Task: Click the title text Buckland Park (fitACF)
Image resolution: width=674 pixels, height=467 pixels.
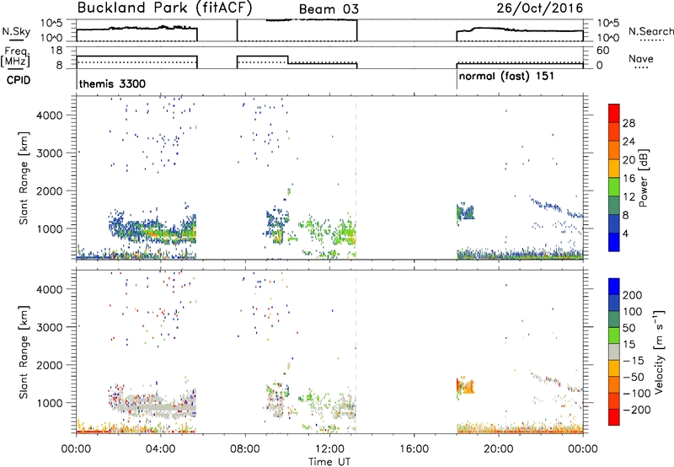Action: coord(164,8)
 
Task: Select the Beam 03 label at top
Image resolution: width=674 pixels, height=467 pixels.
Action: coord(329,9)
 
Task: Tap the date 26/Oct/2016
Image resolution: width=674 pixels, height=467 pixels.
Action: coord(540,8)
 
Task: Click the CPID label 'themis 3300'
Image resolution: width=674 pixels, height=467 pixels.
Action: coord(112,83)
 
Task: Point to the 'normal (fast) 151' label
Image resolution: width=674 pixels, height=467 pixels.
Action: coord(506,77)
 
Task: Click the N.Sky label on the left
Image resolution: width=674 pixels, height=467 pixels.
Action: coord(16,31)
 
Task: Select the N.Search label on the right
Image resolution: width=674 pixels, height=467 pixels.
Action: coord(650,31)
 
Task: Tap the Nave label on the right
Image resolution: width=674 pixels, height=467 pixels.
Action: coord(641,59)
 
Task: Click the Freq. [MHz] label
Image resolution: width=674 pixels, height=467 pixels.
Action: coord(16,57)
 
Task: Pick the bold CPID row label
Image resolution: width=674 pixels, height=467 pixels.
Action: coord(19,80)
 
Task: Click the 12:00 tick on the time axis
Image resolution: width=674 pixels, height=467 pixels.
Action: coord(329,449)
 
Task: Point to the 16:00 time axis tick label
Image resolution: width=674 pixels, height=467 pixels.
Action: coord(414,449)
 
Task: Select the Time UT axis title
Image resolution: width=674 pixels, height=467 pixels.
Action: coord(329,462)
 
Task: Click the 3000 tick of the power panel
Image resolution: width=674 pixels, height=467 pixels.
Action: coord(49,153)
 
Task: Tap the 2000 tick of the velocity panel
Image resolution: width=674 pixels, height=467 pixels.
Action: coord(49,365)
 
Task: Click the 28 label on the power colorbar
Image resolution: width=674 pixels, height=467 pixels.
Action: coord(629,123)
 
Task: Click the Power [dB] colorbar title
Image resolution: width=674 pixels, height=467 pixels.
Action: coord(643,178)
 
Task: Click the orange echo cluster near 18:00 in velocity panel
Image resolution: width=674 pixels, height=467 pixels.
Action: coord(465,385)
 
